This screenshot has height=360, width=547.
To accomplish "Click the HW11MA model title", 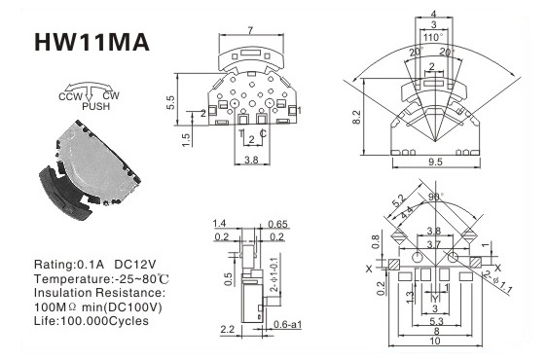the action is [x=91, y=43].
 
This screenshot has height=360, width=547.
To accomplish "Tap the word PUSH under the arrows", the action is [x=96, y=106].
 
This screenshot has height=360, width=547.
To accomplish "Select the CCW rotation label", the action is [x=70, y=96].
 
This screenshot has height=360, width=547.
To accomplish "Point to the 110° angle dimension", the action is [x=433, y=37].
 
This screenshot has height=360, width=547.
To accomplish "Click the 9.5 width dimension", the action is [x=435, y=162].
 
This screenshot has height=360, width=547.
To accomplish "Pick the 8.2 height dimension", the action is [x=356, y=117].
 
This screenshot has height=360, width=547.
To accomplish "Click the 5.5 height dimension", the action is [x=170, y=102].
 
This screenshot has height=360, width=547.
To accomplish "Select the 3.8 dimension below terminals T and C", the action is [x=251, y=160].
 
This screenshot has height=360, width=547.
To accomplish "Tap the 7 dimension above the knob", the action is [x=250, y=31].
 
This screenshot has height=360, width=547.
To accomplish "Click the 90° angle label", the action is [x=436, y=197].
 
